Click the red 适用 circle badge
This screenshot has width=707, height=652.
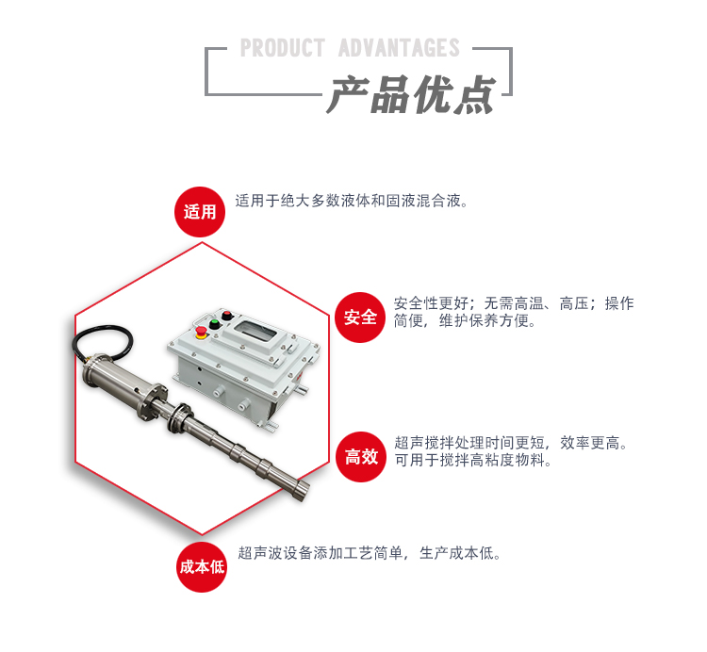(200, 211)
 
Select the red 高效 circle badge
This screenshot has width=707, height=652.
(360, 457)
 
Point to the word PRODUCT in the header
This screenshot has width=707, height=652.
(282, 48)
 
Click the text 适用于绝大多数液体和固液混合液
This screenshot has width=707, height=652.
(352, 201)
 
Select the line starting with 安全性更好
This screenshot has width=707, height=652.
(513, 303)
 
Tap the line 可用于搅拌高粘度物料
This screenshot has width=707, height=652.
(473, 461)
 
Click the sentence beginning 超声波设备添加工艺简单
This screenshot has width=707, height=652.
(370, 553)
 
